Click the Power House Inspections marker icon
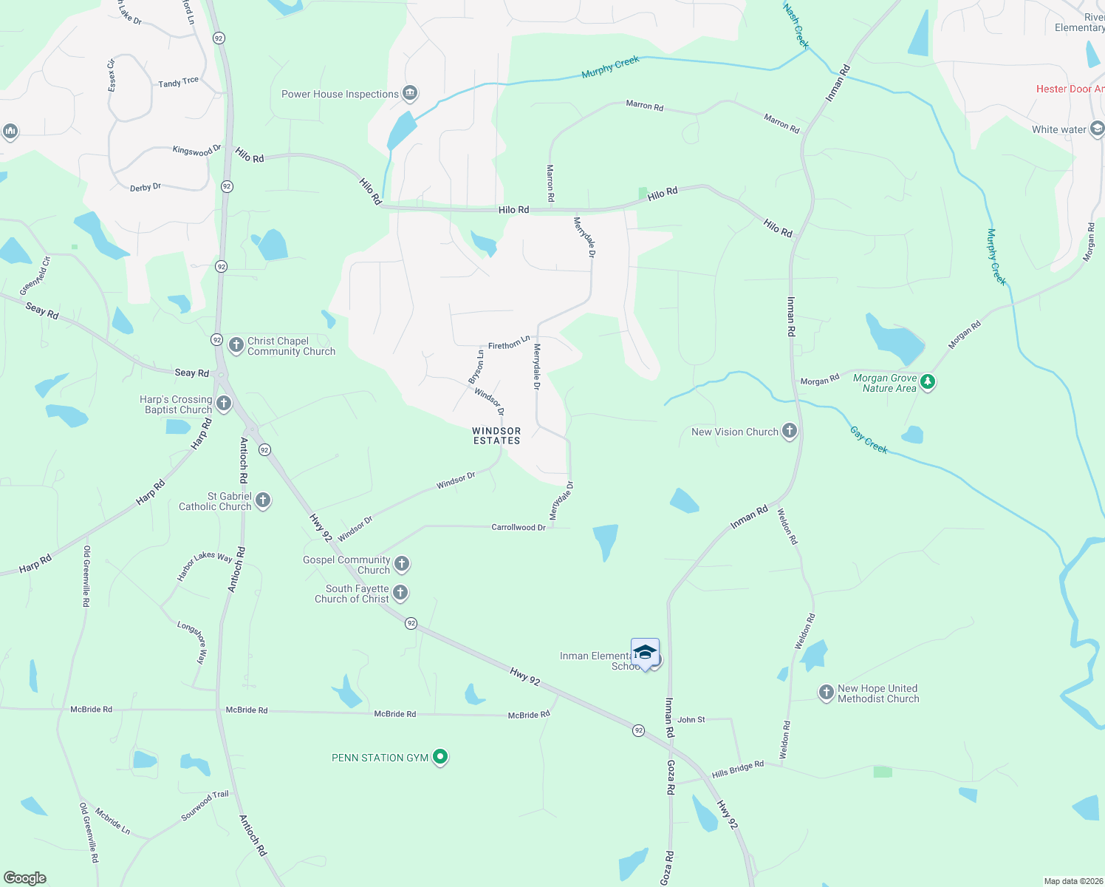tap(410, 93)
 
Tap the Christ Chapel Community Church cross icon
tap(236, 345)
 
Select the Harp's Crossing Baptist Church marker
tap(224, 404)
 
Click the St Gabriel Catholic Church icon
tap(263, 500)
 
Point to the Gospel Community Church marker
tap(402, 564)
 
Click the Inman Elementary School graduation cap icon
tap(645, 653)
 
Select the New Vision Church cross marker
tap(790, 431)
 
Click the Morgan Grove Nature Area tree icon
tap(928, 382)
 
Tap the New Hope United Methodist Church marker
tap(826, 693)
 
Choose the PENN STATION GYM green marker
tap(440, 757)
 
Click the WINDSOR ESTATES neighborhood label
tap(496, 435)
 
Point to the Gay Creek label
tap(869, 439)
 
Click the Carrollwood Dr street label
tap(519, 527)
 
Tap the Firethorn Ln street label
tap(509, 344)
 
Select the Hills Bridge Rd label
tap(737, 769)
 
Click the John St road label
tap(691, 719)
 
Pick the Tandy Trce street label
tap(178, 82)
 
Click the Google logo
tap(25, 877)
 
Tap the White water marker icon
tap(1097, 129)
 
